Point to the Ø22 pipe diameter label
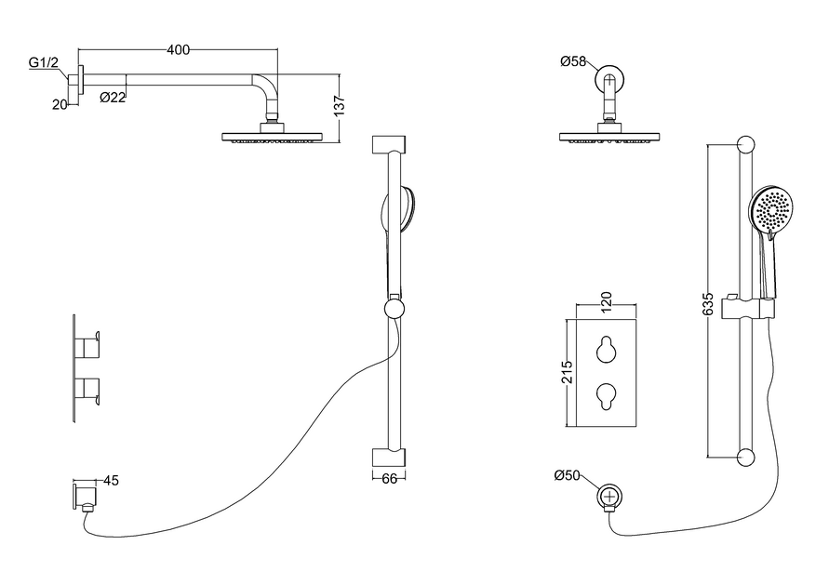113,97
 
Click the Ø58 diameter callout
572,62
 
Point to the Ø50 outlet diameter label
567,476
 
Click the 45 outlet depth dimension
111,481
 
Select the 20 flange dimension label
60,104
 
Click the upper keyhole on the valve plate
605,348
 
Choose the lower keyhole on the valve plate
605,396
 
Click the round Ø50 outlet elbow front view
609,497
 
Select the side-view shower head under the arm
272,137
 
